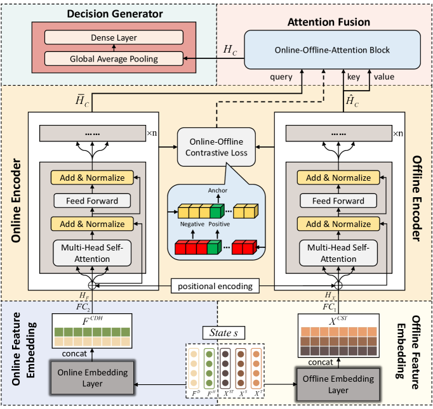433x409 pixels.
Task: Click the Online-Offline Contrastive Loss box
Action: pos(216,147)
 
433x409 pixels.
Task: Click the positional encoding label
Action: pos(216,286)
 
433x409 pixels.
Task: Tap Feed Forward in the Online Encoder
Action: pos(92,201)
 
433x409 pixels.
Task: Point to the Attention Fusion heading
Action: pos(329,22)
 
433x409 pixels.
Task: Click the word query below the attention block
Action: pos(281,77)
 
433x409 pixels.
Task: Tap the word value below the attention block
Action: pos(383,77)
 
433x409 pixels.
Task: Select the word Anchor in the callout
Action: pos(217,189)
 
